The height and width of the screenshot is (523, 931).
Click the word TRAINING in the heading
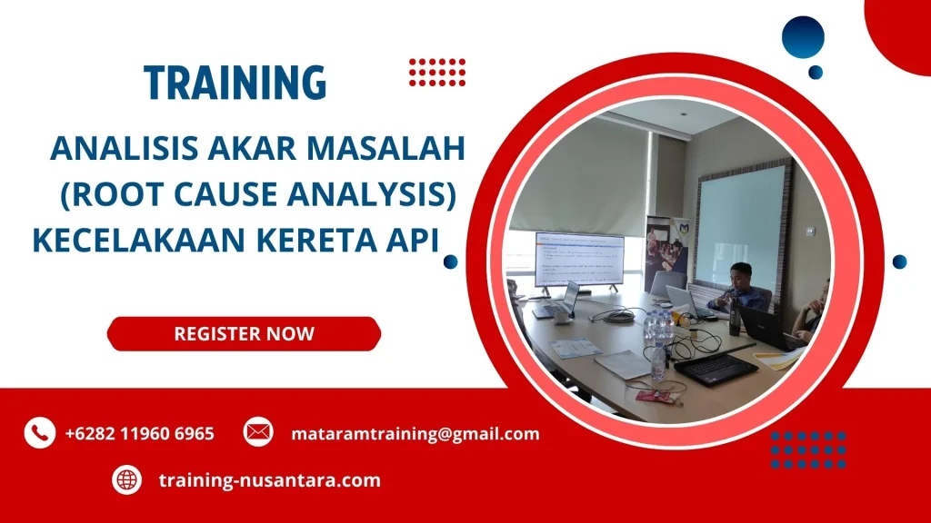(x=235, y=83)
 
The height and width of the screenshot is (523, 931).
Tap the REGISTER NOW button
(x=244, y=333)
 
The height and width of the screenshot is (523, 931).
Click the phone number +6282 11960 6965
(x=139, y=433)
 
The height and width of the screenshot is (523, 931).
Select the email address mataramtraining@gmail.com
(x=415, y=433)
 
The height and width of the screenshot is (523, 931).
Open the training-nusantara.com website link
(x=269, y=479)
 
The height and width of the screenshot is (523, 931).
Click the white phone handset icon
(x=39, y=433)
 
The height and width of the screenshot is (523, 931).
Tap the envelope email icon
(x=258, y=432)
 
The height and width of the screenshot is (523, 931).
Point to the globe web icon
(x=126, y=479)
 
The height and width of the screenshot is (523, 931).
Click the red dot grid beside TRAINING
(x=437, y=72)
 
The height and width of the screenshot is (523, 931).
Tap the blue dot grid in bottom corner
(x=808, y=449)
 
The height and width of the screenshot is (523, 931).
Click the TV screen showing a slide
(x=579, y=260)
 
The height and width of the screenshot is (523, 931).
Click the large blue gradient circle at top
(x=803, y=37)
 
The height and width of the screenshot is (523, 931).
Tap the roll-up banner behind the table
(x=661, y=250)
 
